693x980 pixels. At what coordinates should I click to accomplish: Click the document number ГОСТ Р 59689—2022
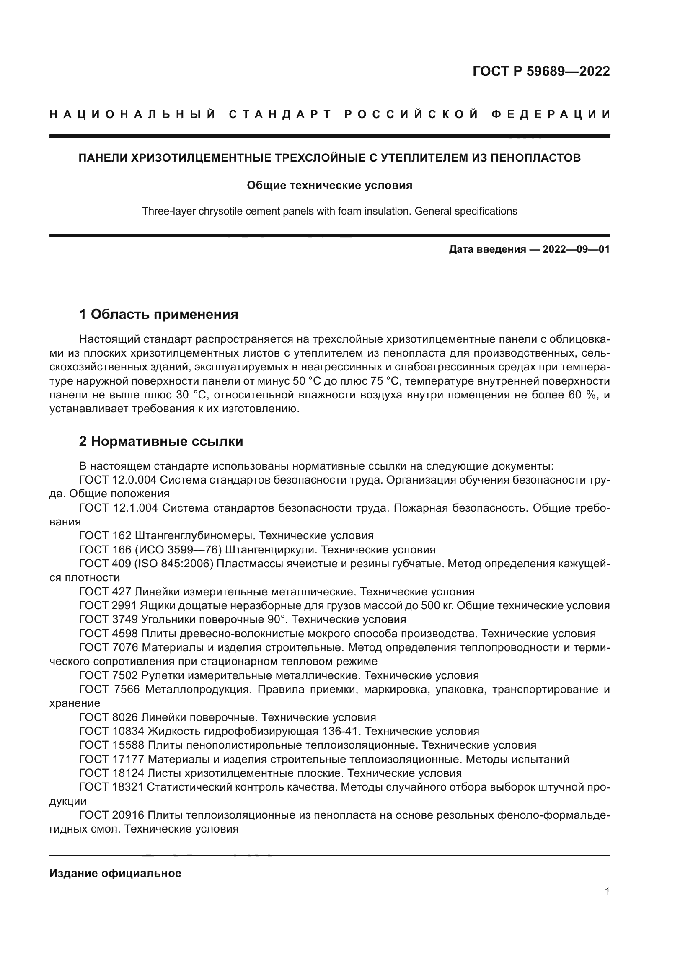540,71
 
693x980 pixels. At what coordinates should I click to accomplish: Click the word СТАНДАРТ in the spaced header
280,114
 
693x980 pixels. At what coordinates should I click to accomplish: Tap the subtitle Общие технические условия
329,185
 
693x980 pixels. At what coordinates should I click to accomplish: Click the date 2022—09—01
576,249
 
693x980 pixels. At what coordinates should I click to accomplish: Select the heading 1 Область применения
158,315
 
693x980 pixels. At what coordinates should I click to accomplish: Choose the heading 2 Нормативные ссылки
161,441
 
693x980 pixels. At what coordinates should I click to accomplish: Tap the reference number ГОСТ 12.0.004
118,480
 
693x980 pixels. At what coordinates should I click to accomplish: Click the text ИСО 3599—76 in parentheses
177,550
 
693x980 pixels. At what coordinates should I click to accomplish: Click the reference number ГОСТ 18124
111,773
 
